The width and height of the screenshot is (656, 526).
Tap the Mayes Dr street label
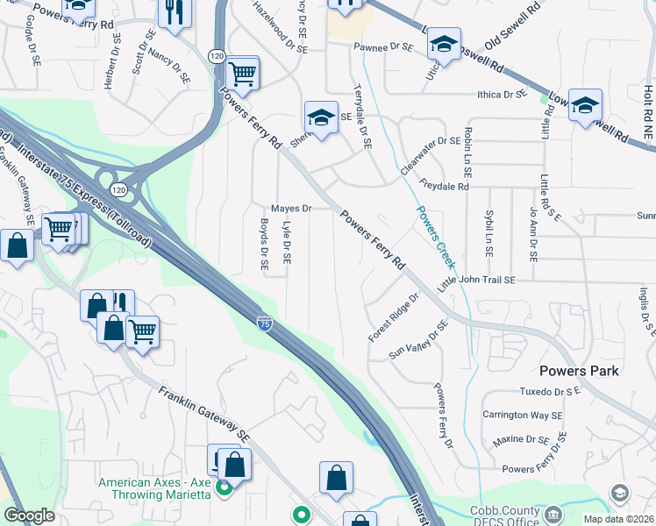[291, 209]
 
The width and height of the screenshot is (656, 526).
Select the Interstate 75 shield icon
[264, 323]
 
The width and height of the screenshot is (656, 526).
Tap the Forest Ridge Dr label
[394, 317]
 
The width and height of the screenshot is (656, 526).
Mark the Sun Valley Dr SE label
[418, 341]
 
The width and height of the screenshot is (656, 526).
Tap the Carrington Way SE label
[522, 415]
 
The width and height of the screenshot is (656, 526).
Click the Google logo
[29, 515]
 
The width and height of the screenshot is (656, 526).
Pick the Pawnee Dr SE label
[382, 47]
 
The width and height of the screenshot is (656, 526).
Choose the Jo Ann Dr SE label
[533, 233]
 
